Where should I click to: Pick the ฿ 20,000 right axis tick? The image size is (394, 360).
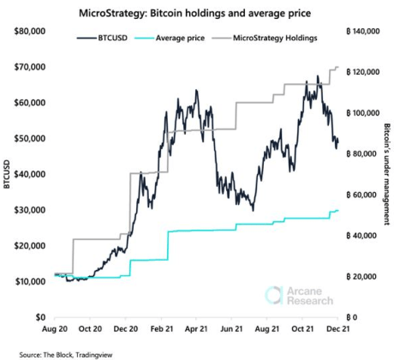pyautogui.click(x=363, y=277)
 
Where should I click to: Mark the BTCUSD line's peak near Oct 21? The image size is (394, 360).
pyautogui.click(x=318, y=76)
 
